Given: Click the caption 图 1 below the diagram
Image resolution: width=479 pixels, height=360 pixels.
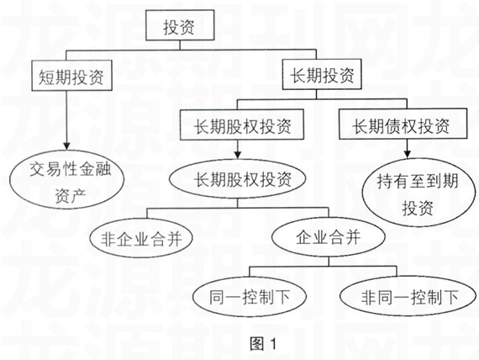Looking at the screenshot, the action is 263,344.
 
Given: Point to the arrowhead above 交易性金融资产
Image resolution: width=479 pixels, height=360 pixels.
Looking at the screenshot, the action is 66,146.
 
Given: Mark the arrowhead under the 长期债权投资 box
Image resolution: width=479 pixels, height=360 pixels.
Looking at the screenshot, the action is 407,154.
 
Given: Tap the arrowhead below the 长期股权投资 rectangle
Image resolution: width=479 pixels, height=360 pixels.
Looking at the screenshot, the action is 238,155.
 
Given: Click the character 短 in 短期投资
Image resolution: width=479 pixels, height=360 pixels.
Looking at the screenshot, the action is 47,76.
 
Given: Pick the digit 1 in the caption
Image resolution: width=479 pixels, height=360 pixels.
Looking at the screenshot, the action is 273,344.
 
